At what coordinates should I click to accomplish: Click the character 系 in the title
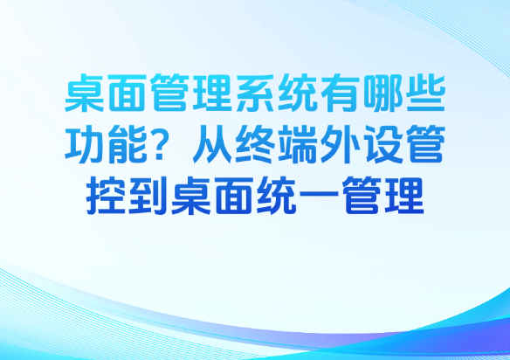click(x=255, y=93)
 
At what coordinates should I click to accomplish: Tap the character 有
click(x=341, y=93)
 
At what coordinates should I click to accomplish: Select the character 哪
click(x=382, y=93)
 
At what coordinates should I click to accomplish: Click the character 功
click(x=84, y=144)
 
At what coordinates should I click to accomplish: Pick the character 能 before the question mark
click(x=127, y=144)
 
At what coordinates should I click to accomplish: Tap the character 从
click(x=212, y=144)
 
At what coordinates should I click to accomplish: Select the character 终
click(x=255, y=144)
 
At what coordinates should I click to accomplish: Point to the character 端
click(x=298, y=144)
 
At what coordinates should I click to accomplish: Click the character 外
click(x=341, y=144)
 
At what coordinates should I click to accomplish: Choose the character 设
click(x=382, y=144)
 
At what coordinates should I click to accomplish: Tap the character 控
click(x=106, y=196)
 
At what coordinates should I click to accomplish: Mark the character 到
click(x=148, y=196)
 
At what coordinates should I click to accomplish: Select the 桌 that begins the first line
click(x=84, y=93)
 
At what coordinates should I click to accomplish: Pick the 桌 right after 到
click(x=191, y=196)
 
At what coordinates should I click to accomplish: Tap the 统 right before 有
click(x=298, y=93)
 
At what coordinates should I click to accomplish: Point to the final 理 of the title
click(x=404, y=196)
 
